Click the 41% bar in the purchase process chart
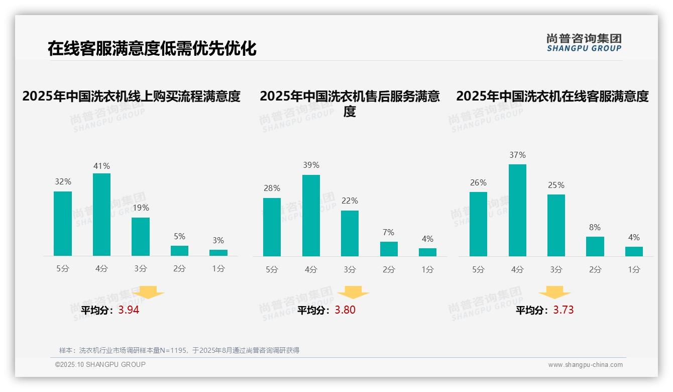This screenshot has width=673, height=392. click(101, 215)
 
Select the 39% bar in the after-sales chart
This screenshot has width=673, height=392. click(311, 216)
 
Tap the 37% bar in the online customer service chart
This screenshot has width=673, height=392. click(517, 210)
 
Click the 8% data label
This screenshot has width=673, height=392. click(595, 227)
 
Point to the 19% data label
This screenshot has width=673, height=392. click(141, 208)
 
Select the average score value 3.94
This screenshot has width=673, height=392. click(129, 310)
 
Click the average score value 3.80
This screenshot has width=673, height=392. click(345, 310)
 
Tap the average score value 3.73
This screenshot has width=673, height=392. click(563, 310)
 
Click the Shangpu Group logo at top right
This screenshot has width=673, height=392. click(584, 43)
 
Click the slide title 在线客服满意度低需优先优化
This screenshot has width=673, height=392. click(152, 48)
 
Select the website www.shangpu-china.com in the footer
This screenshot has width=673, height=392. click(585, 365)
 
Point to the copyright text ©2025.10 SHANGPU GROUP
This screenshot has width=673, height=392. click(100, 364)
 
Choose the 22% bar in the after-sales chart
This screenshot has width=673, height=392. click(350, 233)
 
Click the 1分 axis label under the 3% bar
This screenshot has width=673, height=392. click(218, 269)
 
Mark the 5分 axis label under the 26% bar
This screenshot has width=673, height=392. click(478, 270)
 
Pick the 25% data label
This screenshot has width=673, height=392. click(556, 185)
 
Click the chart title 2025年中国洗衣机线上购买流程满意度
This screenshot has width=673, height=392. click(132, 96)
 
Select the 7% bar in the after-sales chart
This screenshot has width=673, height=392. click(389, 249)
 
